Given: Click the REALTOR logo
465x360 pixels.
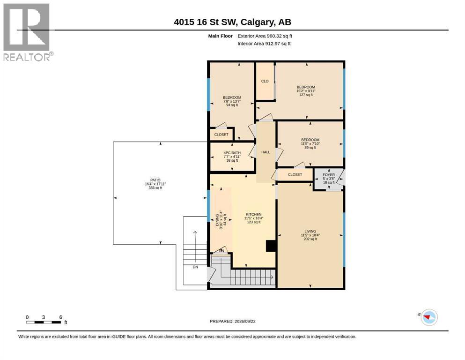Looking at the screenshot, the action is point(27,32).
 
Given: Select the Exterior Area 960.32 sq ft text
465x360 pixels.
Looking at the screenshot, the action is point(265,36).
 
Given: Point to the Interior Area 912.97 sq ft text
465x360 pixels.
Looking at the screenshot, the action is point(264,44).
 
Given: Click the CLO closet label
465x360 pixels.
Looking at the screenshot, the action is point(265,81).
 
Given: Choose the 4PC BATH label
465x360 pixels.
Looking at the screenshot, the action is point(232,153).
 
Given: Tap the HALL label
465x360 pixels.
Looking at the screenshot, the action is point(266,152).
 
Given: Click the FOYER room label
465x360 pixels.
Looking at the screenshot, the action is point(329,175).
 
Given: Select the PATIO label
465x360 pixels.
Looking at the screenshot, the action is point(155,180).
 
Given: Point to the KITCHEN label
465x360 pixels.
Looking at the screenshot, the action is point(254,214).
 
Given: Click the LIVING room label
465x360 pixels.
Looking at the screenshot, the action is point(310,231).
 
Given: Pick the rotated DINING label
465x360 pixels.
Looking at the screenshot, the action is point(217,220).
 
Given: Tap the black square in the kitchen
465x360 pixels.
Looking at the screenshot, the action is point(271,246).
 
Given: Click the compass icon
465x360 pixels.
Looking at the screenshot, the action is point(429,317).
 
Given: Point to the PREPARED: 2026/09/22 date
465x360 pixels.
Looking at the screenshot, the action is point(232,322).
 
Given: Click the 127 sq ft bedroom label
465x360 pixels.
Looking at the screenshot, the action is point(306,95).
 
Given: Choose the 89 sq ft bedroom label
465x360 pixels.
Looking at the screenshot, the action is point(310,148).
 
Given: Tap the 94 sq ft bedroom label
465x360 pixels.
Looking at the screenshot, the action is point(232,105).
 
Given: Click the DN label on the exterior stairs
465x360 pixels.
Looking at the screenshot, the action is point(195,267).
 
